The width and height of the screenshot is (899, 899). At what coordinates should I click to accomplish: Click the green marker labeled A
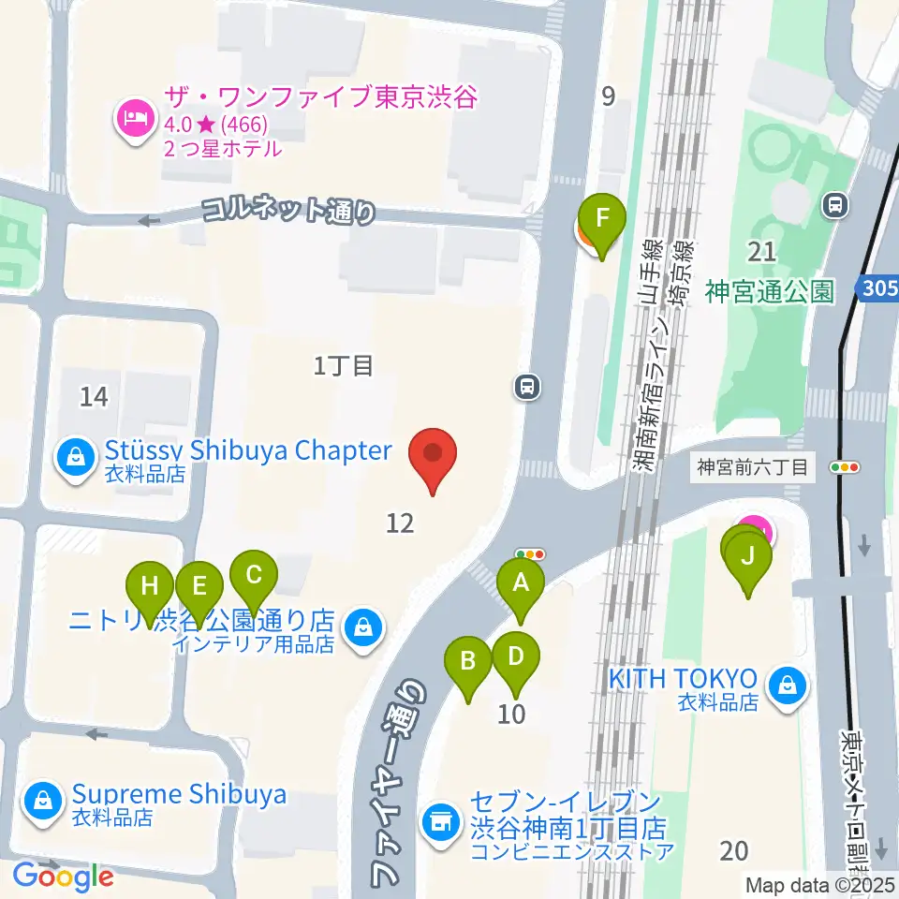click(x=523, y=585)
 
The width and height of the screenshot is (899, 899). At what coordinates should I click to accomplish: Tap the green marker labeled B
click(x=467, y=663)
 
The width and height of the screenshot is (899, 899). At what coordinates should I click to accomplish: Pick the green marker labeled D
click(x=516, y=656)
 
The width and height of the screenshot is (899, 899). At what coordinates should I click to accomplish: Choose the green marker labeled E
click(x=199, y=587)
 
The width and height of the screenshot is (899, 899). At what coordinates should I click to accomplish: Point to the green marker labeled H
click(x=150, y=587)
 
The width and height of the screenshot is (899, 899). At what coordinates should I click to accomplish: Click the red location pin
click(x=434, y=454)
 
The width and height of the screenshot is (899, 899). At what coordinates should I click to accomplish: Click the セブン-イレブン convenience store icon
click(x=440, y=822)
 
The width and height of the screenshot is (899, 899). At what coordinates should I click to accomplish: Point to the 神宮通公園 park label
click(x=770, y=291)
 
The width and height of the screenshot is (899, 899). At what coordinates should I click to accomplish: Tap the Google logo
click(x=64, y=876)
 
